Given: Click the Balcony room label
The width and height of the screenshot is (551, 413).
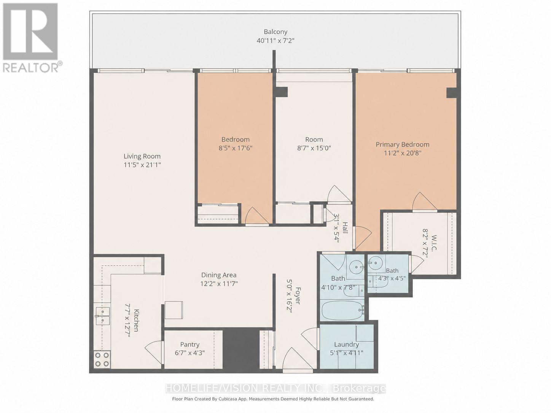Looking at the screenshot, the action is pos(275,32).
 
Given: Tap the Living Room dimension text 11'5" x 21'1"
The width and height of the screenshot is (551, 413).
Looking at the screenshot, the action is pos(142,165).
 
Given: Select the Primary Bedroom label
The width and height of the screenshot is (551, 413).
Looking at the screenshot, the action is pos(402,145).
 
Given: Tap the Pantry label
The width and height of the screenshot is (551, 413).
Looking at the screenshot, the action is pos(190,345).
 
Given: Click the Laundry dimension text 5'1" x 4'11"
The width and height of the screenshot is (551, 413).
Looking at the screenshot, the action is pos(346,353).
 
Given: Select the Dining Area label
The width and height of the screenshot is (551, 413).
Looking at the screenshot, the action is pos(219,275).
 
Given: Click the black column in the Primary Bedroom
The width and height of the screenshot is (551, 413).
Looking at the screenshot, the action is pos(451,93).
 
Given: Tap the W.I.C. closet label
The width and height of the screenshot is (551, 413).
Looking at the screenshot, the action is pos(434,243).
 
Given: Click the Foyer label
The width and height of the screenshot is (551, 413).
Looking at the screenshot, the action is pos(297,295).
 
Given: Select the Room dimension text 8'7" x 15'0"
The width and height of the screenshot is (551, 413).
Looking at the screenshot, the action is pos(314,148).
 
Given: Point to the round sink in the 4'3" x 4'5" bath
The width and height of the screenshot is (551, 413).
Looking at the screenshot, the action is pos(376,263).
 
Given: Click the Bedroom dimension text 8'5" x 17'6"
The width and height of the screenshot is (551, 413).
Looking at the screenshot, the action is pos(235,148).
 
